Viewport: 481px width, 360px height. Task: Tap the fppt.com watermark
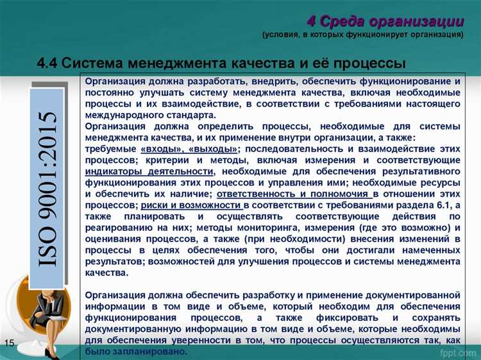455,352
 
